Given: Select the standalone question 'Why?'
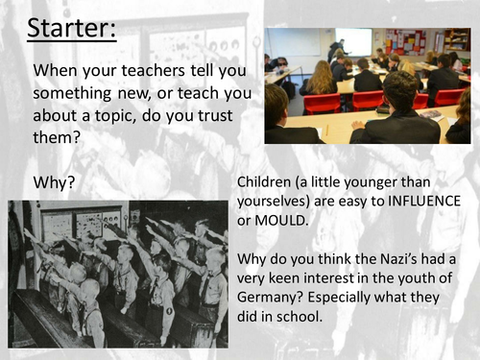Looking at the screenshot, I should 56,180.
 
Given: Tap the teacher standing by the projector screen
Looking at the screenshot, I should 335,50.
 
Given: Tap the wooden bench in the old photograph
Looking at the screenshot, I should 48,322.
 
